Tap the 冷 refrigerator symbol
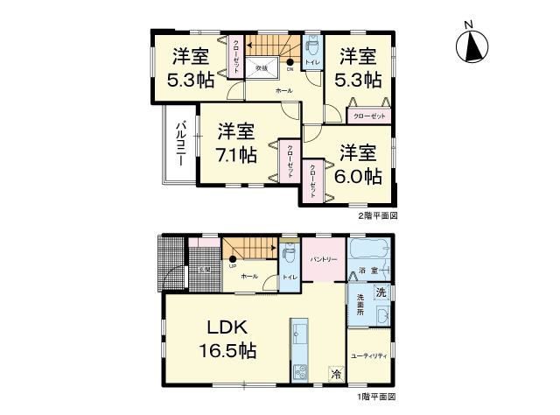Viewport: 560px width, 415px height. click(x=337, y=374)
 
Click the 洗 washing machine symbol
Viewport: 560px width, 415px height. click(x=381, y=292)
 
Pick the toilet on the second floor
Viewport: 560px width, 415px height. click(x=312, y=46)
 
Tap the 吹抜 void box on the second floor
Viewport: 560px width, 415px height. click(x=262, y=68)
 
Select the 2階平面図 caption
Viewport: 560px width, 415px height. click(x=377, y=215)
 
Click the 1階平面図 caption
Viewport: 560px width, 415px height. click(x=377, y=397)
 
